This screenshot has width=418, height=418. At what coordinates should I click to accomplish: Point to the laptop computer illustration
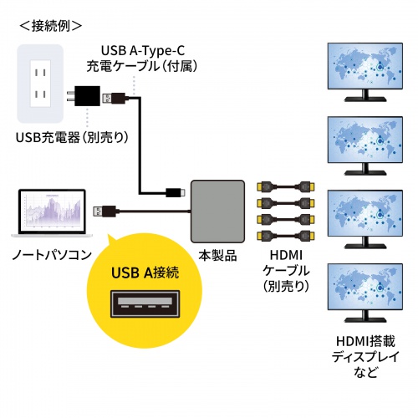[x=52, y=213]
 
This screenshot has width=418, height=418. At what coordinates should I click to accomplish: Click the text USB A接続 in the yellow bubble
[x=145, y=272]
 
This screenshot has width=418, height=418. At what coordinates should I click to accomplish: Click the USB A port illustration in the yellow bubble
[x=145, y=308]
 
